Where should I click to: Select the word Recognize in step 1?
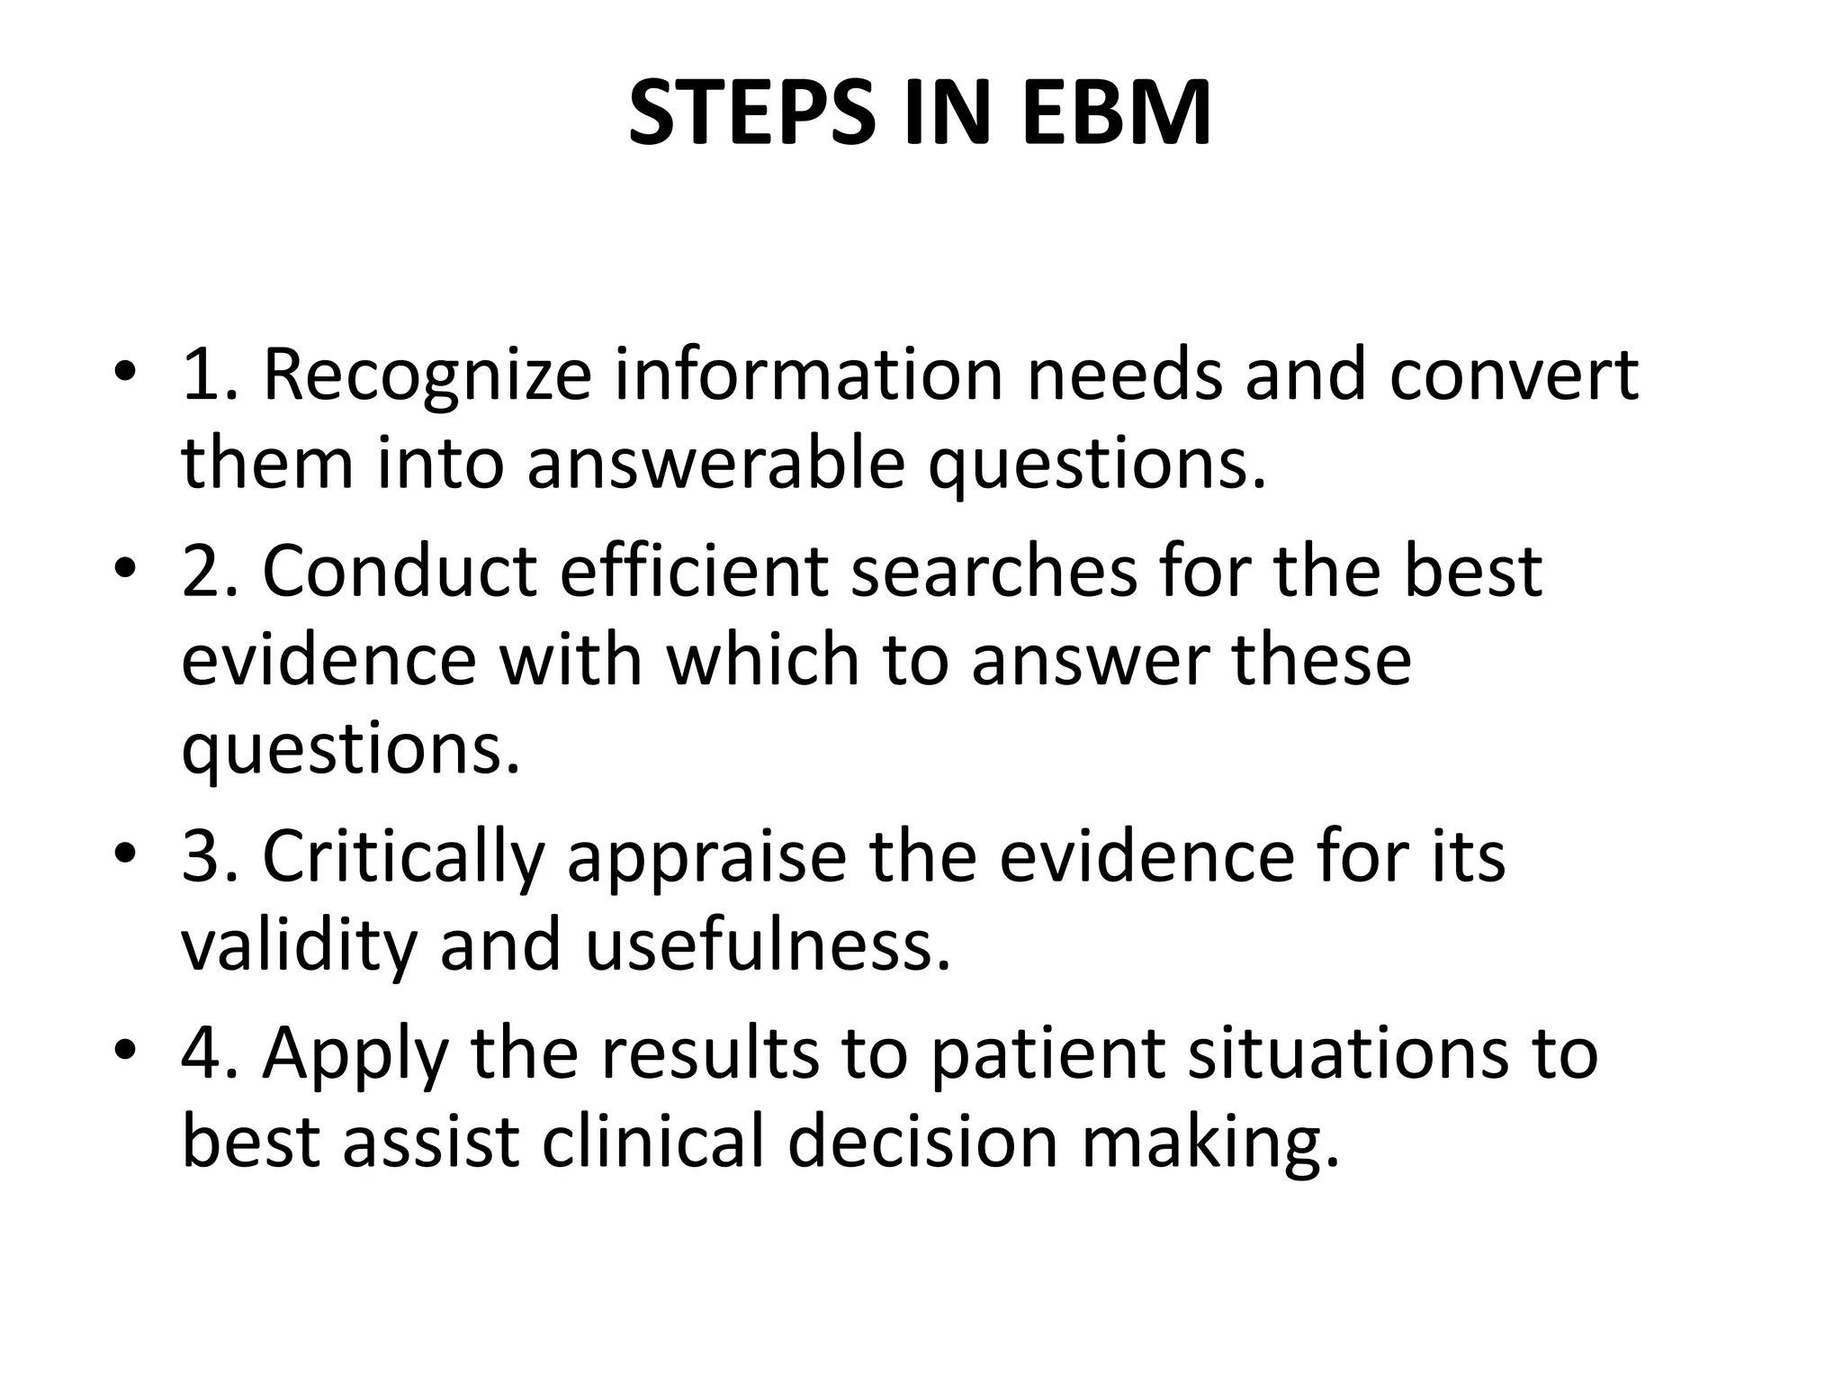(x=427, y=376)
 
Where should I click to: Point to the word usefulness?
(x=768, y=945)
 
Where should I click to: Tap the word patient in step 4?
(x=1047, y=1054)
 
